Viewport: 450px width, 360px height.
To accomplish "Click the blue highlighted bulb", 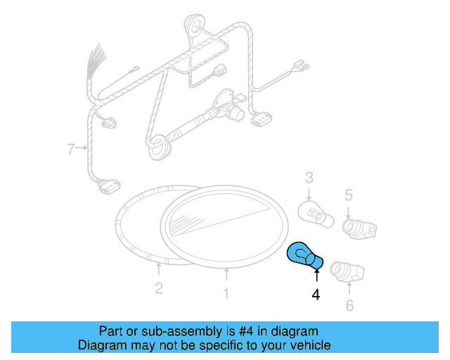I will (305, 256).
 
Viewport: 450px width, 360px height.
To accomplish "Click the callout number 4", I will (316, 295).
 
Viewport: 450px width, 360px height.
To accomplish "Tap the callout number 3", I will (309, 180).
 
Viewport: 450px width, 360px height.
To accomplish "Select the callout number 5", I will (348, 195).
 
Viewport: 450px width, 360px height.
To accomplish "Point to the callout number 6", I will (349, 305).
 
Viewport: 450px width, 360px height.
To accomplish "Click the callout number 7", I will (70, 148).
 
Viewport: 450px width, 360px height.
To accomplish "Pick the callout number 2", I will (159, 288).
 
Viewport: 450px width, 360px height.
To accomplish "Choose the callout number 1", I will (226, 294).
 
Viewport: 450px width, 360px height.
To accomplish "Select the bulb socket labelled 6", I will (347, 270).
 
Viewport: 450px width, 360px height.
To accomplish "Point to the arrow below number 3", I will (309, 195).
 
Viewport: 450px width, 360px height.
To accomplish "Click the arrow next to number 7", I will (82, 148).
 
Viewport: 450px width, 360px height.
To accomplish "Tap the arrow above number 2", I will (159, 269).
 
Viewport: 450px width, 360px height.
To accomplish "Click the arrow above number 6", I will (349, 288).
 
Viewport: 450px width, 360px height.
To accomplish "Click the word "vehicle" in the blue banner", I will (309, 345).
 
